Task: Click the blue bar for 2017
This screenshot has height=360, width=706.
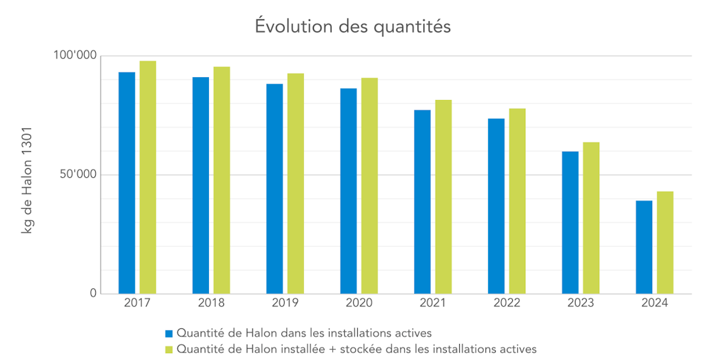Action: point(127,183)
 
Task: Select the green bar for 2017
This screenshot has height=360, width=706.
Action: point(148,177)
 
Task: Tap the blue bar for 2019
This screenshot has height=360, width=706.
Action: point(274,188)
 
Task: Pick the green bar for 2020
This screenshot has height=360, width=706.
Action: point(370,186)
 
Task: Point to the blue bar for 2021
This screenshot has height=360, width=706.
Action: point(422,201)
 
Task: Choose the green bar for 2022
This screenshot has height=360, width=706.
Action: point(517,201)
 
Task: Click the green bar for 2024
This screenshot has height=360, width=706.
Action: point(665,242)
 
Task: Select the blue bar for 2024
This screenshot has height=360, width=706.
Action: point(644,247)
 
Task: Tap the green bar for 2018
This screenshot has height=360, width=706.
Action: point(221,180)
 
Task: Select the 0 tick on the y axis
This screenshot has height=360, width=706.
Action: point(93,294)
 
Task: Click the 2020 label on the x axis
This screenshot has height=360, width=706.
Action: point(359,303)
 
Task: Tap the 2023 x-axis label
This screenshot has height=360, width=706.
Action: point(581,303)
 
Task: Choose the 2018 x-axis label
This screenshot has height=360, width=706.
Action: point(211,303)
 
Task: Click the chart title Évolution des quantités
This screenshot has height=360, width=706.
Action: point(352,26)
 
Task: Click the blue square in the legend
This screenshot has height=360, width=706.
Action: point(169,334)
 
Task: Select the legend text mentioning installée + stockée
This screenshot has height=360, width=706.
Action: point(356,349)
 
